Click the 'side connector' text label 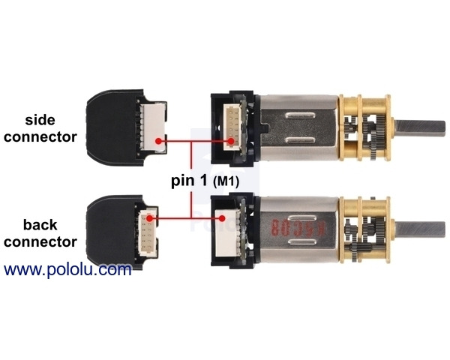click(x=51, y=128)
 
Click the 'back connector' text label click(x=50, y=232)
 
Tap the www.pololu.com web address click(x=67, y=269)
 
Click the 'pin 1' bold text click(x=187, y=181)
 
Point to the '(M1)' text click(x=229, y=181)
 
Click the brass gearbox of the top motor click(x=361, y=127)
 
